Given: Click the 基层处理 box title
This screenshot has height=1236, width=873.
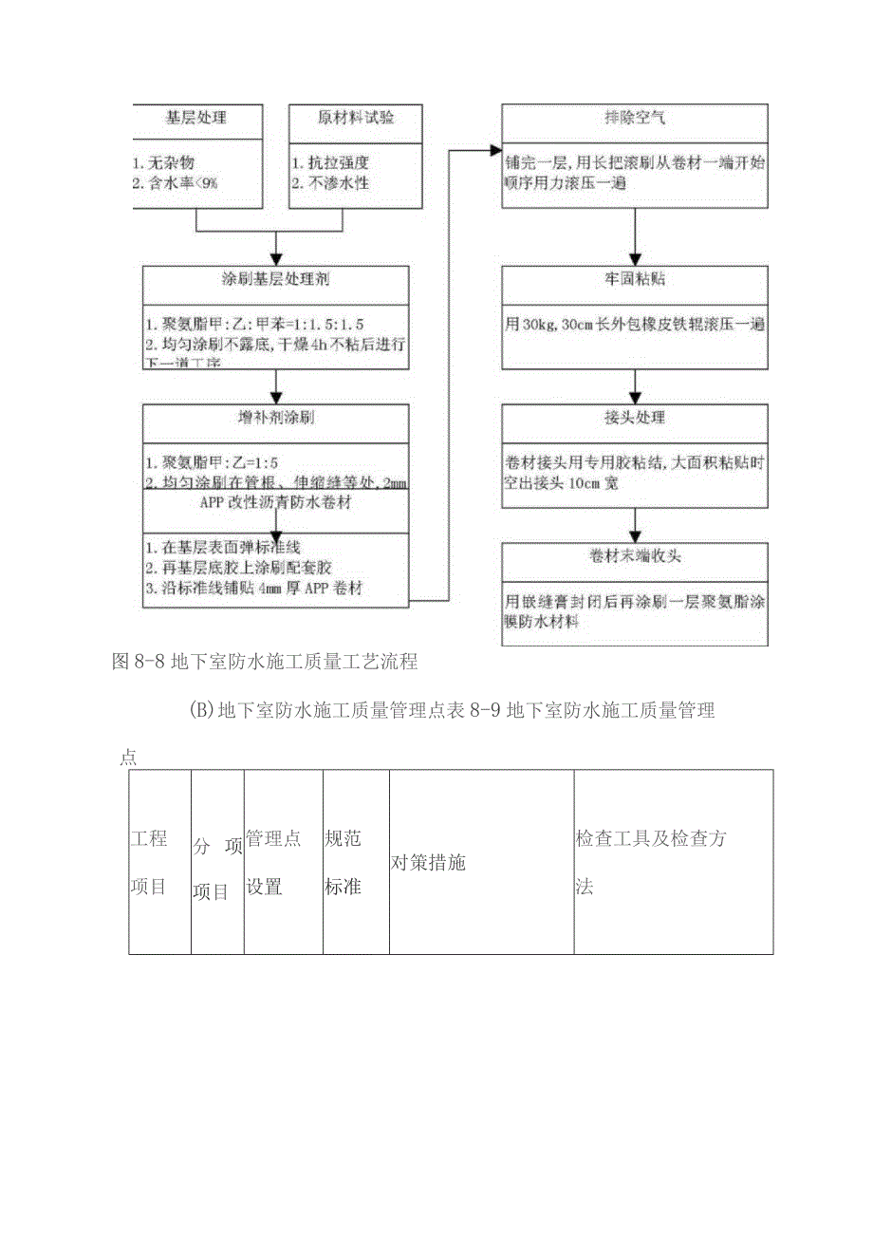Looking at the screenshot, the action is tap(195, 119).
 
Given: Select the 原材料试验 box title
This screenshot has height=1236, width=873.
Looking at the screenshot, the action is tap(355, 119).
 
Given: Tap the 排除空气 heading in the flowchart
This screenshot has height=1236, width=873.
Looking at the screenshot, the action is tap(634, 120).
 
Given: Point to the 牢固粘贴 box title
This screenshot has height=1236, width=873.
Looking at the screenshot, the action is tap(634, 281).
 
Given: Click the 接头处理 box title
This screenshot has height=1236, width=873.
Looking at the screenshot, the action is tap(634, 418).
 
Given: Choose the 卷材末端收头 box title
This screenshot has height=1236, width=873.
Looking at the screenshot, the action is tap(634, 556).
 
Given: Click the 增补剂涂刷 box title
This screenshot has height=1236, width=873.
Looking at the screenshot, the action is tap(276, 419).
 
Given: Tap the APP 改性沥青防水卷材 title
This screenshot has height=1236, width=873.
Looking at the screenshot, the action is tap(276, 503).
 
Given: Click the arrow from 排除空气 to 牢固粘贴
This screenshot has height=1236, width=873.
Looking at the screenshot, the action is tap(634, 234).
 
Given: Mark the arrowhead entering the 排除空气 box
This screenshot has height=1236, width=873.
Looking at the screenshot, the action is tap(494, 150).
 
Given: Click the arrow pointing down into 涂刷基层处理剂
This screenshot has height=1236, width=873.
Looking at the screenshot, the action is tap(276, 254).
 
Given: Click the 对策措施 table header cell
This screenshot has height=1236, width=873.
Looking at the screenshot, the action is tap(428, 863).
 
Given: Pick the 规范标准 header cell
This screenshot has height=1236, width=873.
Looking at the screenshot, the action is tap(343, 862).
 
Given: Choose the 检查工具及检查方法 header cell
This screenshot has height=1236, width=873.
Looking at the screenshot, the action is tap(651, 862).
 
